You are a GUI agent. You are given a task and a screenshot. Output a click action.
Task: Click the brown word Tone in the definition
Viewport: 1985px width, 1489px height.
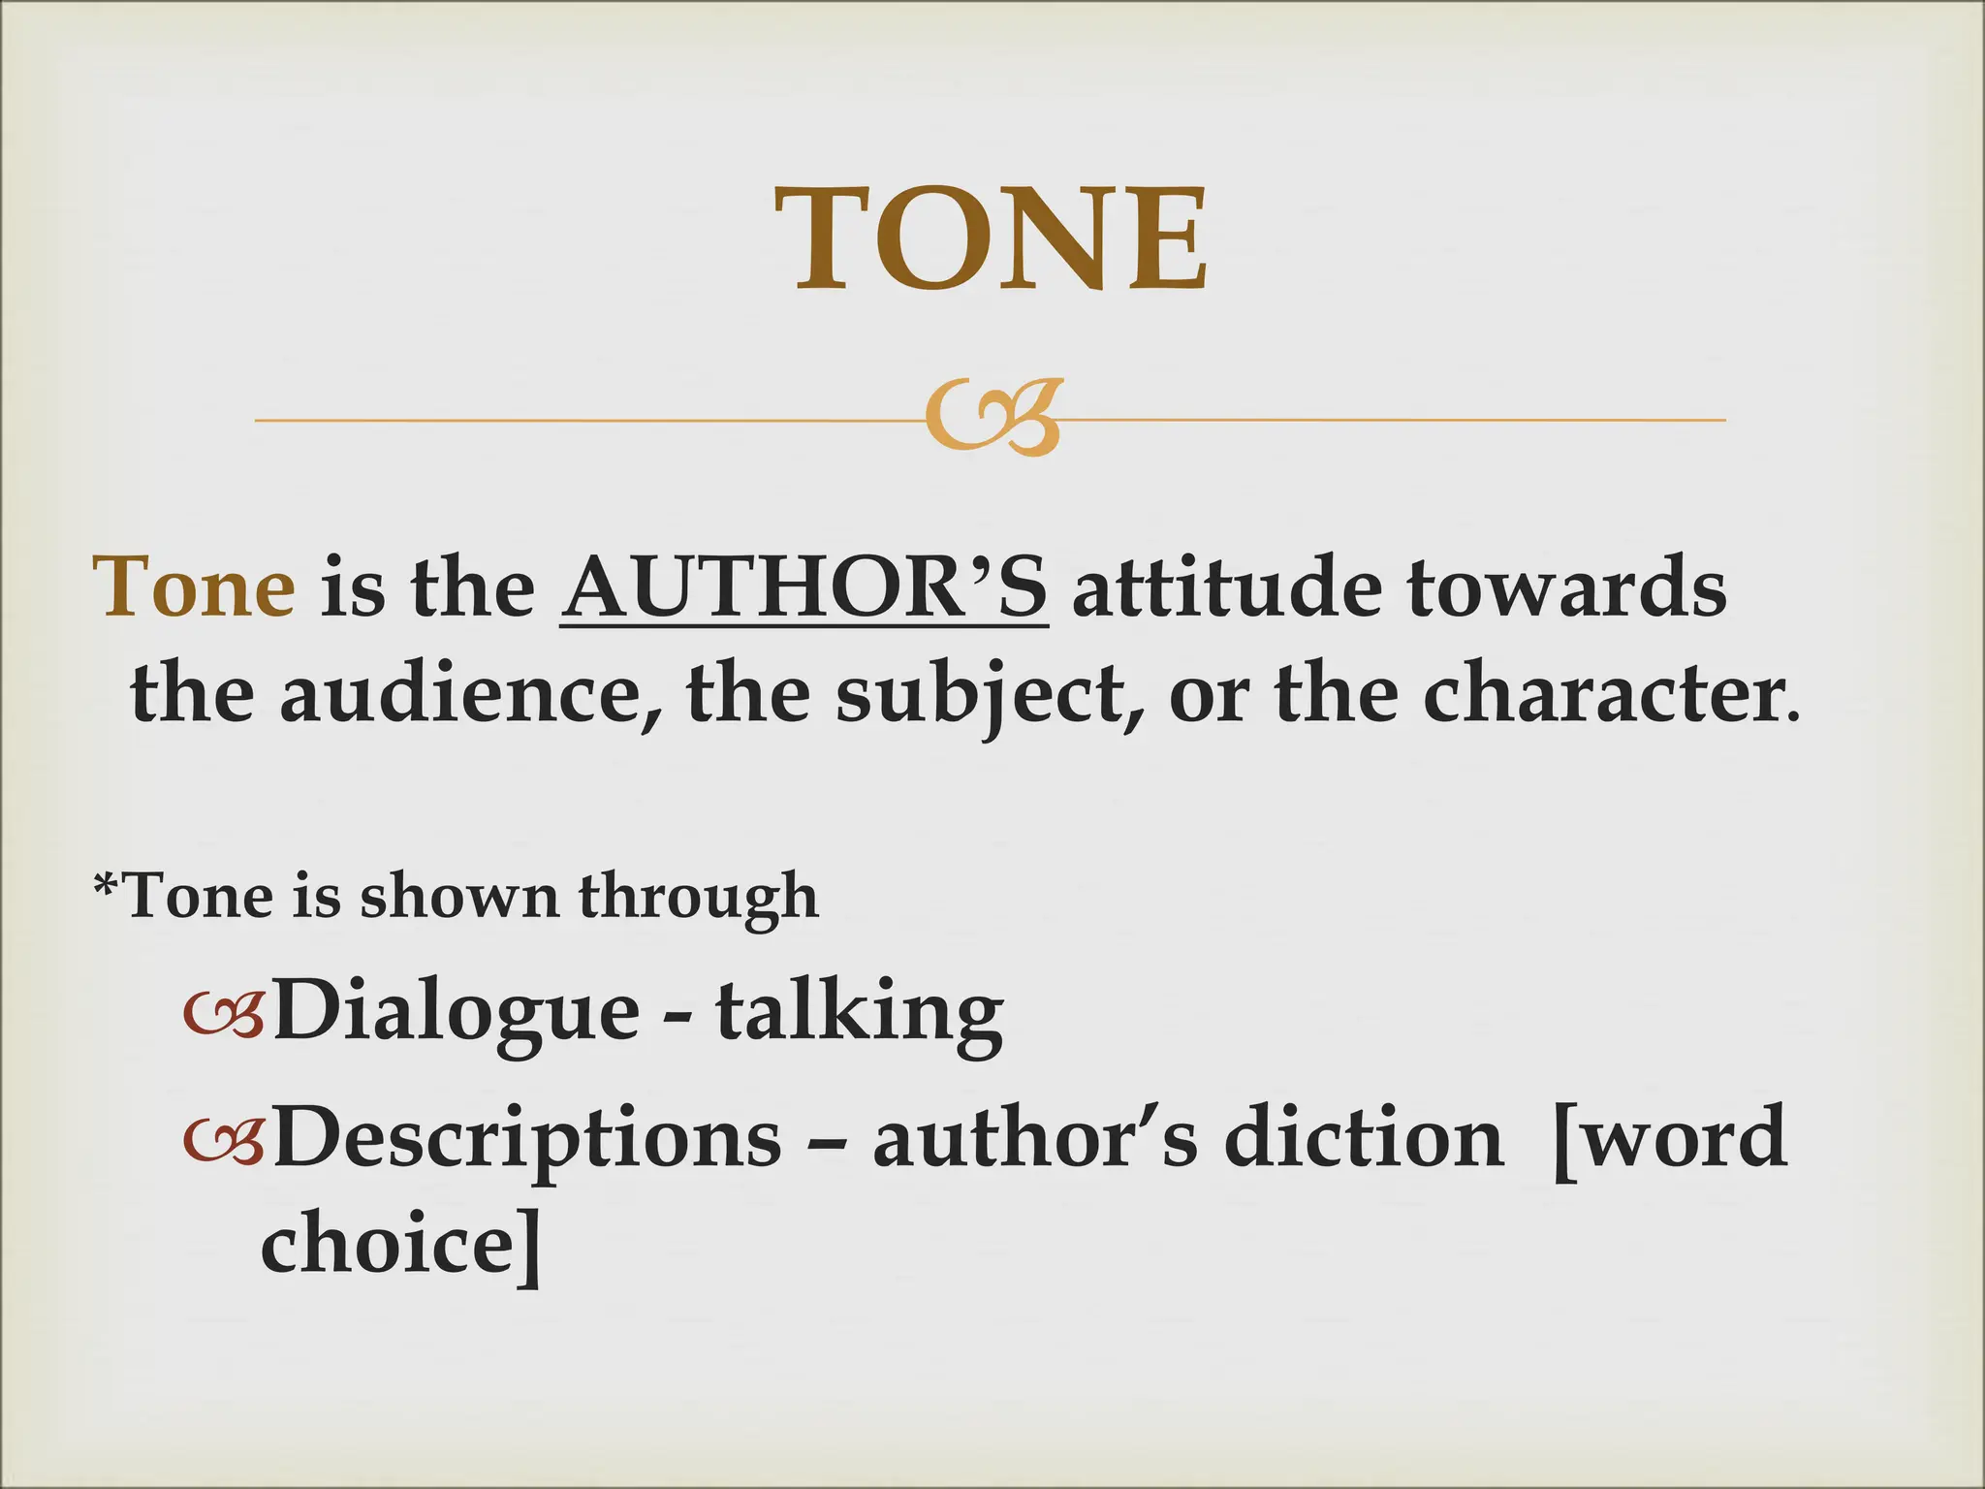pyautogui.click(x=194, y=588)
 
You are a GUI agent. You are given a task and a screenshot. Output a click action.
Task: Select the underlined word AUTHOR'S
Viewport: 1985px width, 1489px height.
pyautogui.click(x=803, y=588)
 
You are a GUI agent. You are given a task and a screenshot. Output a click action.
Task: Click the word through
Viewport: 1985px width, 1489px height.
pyautogui.click(x=698, y=896)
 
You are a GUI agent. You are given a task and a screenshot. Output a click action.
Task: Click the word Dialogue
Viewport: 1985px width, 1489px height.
pyautogui.click(x=456, y=1012)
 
